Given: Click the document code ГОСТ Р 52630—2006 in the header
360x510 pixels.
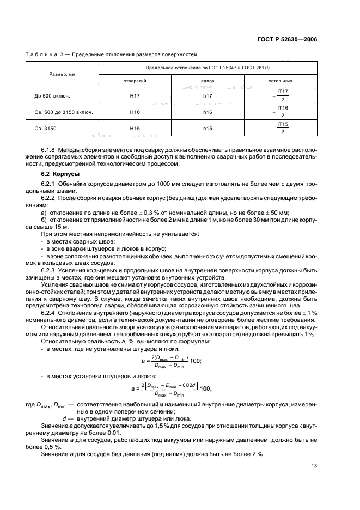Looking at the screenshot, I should pyautogui.click(x=287, y=40).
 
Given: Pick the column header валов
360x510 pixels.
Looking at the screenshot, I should pyautogui.click(x=208, y=81).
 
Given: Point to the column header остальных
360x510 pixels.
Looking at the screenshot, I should pyautogui.click(x=280, y=81).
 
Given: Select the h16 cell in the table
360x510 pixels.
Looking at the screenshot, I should pyautogui.click(x=208, y=112).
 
